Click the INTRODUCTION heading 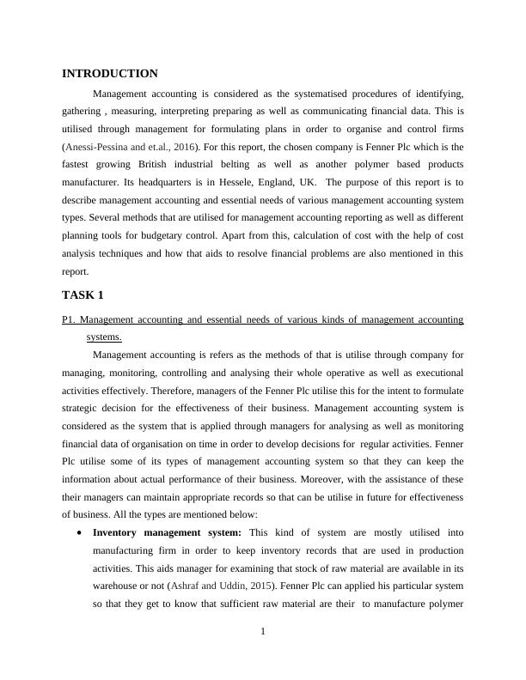tap(110, 74)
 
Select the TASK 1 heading tap(83, 294)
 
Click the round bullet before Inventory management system tap(80, 533)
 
